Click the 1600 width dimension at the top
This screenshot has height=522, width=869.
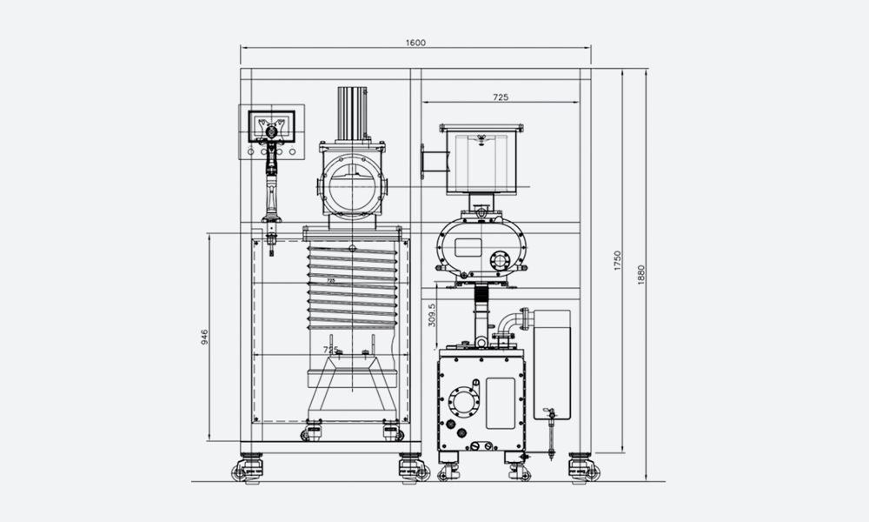(415, 42)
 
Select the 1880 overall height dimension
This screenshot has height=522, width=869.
(641, 271)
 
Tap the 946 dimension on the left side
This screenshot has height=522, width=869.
(203, 338)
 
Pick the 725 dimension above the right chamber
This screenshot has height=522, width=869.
(501, 97)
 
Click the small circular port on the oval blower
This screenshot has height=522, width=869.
(500, 259)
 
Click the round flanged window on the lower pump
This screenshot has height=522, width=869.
(463, 403)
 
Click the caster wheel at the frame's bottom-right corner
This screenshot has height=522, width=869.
(583, 470)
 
